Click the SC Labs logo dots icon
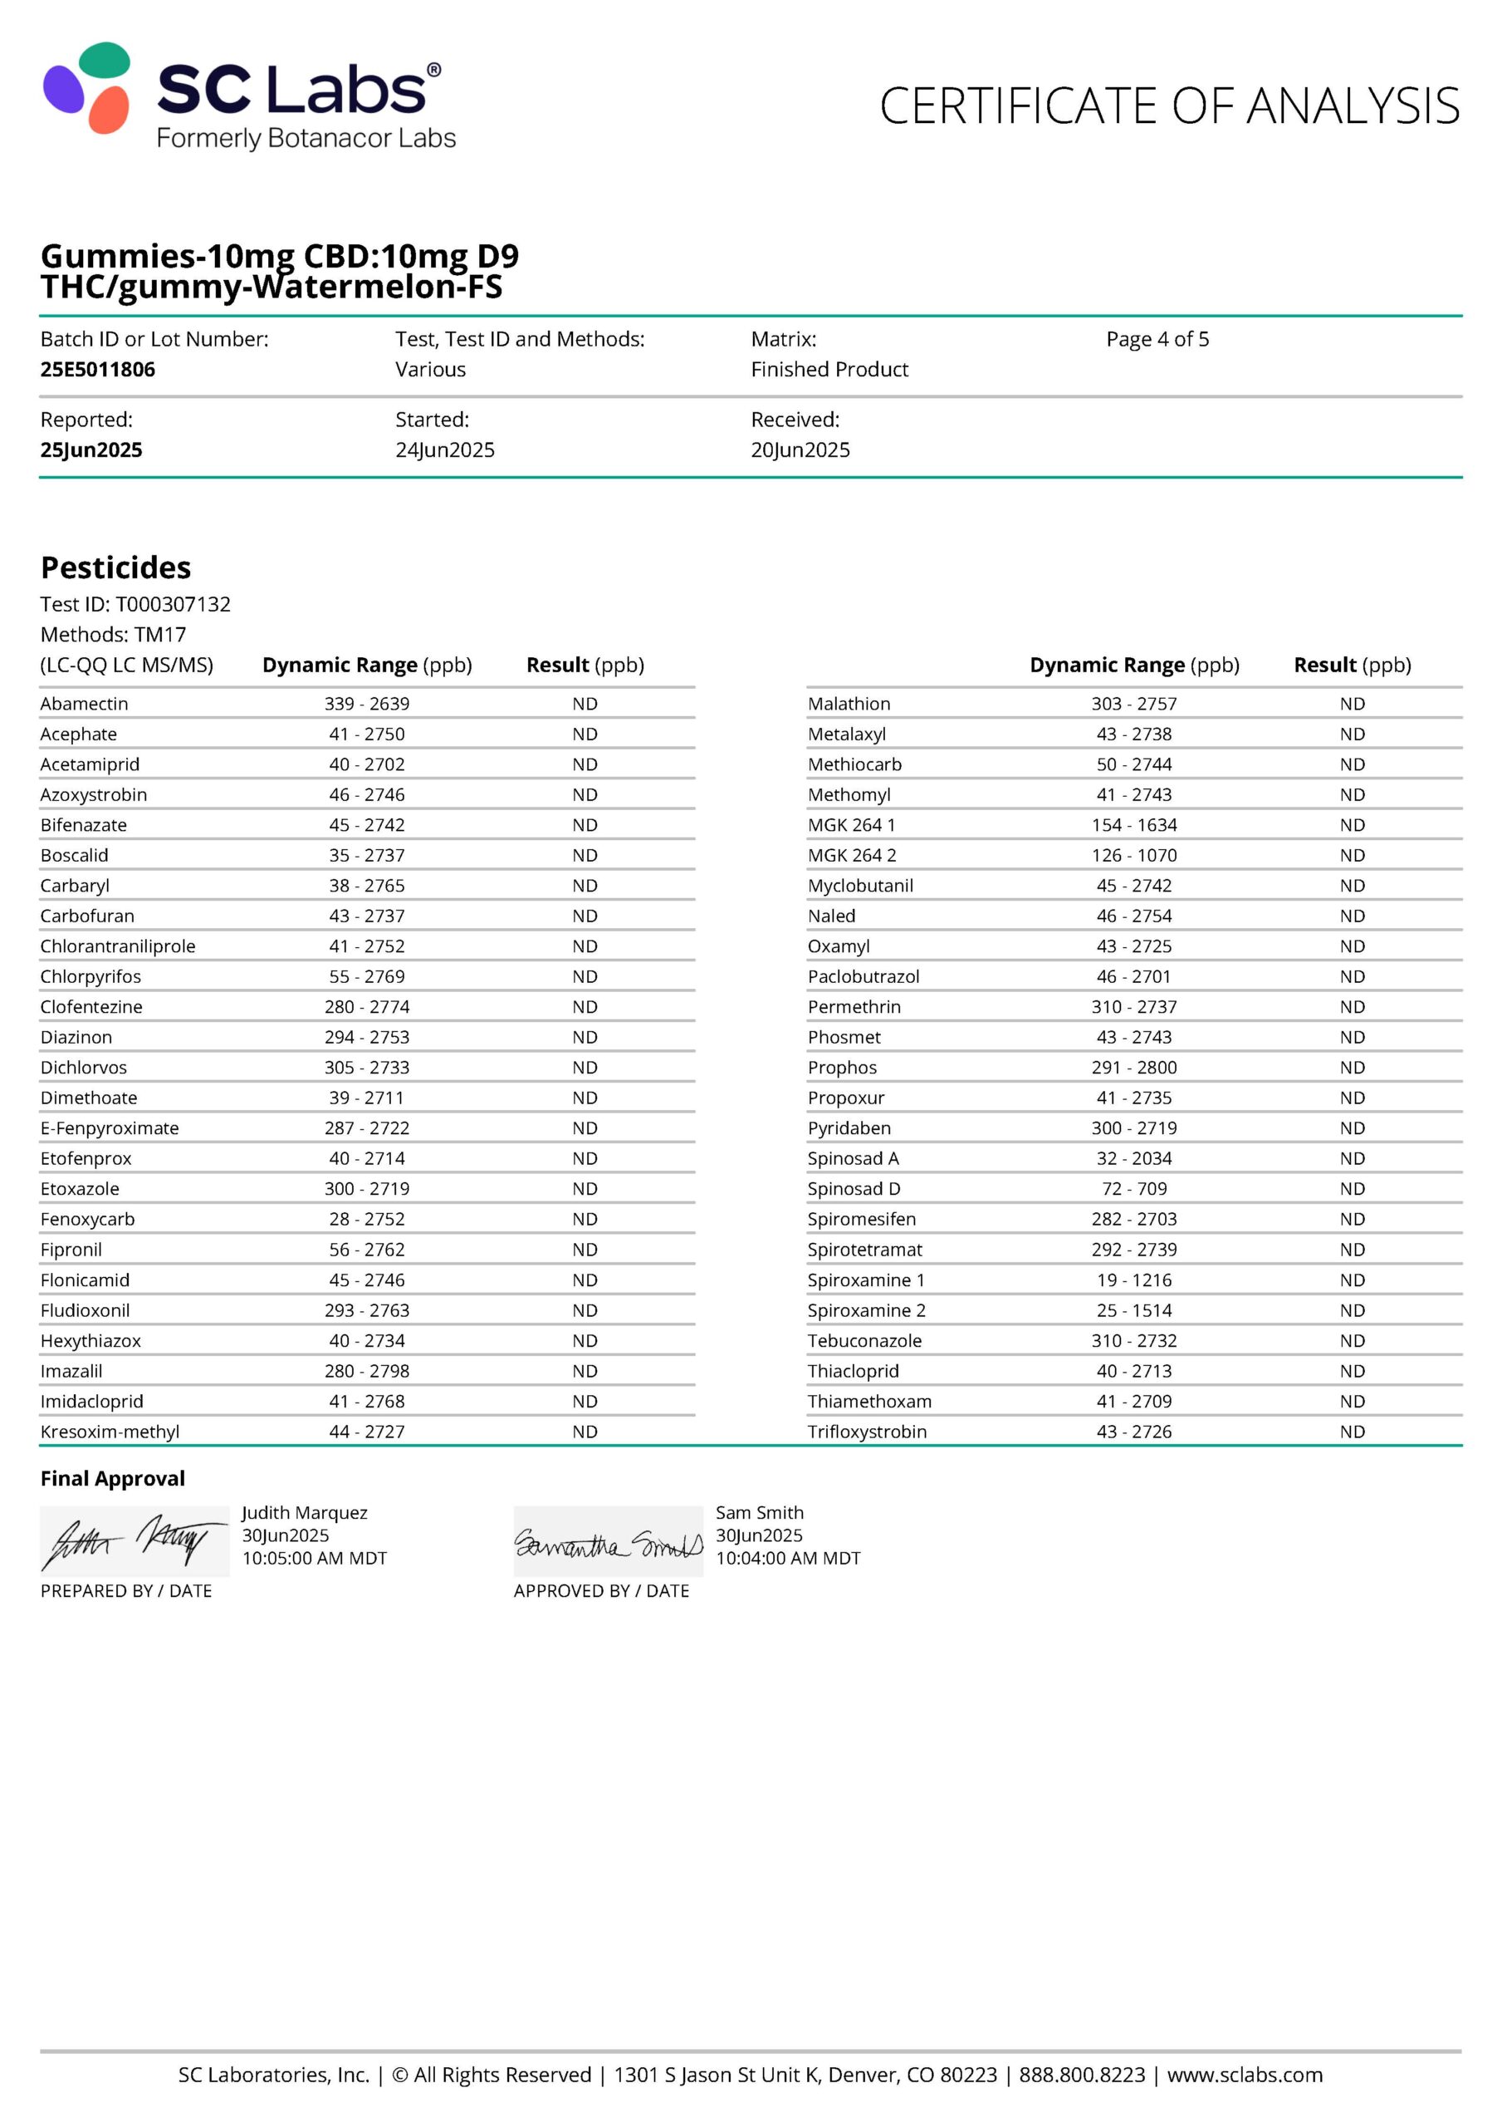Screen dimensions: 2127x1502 coord(87,87)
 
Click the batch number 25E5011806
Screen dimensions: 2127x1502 coord(97,370)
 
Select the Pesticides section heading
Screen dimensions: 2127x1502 coord(115,567)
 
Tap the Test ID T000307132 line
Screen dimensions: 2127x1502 coord(135,604)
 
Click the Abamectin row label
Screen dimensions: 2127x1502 coord(84,704)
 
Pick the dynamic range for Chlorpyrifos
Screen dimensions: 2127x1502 coord(367,976)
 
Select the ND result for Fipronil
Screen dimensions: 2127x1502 coord(585,1250)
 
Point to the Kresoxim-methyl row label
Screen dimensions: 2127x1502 coord(110,1432)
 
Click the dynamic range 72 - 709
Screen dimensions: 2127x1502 coord(1133,1189)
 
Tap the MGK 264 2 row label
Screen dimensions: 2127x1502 coord(852,855)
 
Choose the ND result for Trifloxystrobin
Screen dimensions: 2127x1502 coord(1352,1432)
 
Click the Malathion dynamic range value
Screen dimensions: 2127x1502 coord(1133,704)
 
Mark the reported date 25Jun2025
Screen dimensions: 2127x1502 coord(91,450)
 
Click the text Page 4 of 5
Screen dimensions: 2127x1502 coord(1157,339)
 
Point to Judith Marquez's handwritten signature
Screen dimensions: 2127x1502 coord(135,1542)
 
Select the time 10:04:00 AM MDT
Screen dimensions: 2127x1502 coord(788,1558)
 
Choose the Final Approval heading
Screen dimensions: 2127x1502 coord(113,1479)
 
